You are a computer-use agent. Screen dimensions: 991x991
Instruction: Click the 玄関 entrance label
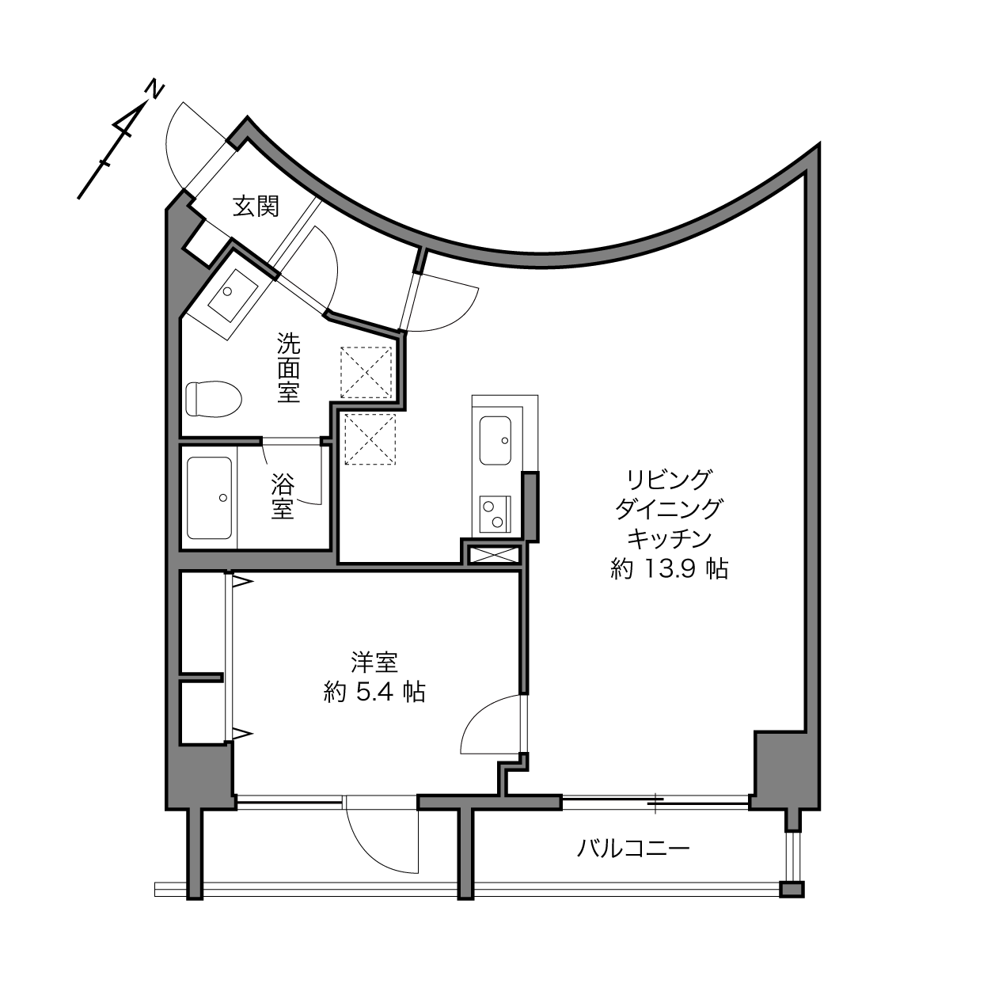pos(256,207)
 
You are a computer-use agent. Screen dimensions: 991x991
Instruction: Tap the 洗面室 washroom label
pos(288,367)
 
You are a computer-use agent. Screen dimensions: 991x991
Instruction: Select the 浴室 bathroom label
pos(283,496)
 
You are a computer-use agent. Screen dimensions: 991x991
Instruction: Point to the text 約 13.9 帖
pos(669,569)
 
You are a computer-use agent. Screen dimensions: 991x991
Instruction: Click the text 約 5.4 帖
pos(374,693)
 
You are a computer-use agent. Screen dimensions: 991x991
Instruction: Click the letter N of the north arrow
pos(154,89)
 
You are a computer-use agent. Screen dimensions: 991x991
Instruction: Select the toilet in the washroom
pos(214,399)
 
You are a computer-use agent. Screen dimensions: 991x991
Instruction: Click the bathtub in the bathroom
pos(209,498)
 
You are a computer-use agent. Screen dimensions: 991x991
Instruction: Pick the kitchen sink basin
pos(495,440)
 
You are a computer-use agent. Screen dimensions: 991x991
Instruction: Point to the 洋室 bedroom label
pos(374,662)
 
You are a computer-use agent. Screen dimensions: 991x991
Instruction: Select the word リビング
pos(669,480)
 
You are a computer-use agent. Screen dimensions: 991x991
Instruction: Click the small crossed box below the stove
pos(493,555)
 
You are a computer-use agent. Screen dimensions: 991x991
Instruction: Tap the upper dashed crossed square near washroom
pos(366,372)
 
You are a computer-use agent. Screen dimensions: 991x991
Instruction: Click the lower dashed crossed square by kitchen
pos(370,439)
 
